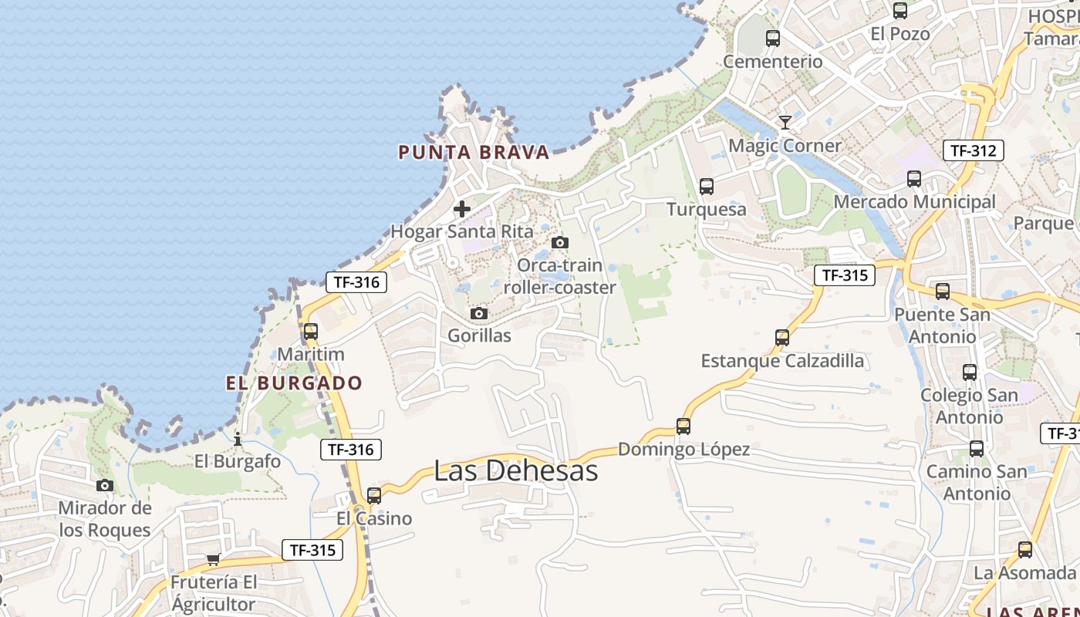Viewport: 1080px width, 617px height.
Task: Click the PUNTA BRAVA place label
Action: (474, 152)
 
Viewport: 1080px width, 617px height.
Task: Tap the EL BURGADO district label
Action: (294, 383)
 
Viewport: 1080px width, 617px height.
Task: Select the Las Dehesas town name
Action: (515, 470)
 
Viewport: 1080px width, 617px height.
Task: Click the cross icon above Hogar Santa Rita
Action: (462, 209)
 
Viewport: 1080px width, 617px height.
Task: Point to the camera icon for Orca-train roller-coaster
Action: (560, 243)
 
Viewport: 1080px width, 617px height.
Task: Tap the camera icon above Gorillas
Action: (479, 314)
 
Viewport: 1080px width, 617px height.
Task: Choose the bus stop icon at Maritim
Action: (311, 332)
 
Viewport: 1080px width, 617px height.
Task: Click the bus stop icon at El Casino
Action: (374, 495)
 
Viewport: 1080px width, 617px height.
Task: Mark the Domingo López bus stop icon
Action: (683, 426)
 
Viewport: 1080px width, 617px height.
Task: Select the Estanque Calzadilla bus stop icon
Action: (782, 338)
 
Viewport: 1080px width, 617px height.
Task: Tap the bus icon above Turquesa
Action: (707, 186)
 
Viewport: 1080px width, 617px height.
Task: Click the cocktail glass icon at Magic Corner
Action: (785, 123)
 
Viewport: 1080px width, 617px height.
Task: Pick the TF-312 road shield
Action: (973, 150)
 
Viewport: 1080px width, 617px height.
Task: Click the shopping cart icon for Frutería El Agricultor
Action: (214, 559)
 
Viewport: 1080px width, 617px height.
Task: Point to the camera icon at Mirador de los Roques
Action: (105, 486)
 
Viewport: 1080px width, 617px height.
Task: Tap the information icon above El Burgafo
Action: (238, 440)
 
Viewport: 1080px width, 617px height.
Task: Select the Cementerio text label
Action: (773, 61)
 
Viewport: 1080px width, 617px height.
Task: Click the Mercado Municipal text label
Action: (914, 202)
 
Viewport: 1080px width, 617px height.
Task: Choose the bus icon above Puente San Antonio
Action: (942, 292)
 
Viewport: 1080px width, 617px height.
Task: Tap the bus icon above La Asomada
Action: (1024, 550)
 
